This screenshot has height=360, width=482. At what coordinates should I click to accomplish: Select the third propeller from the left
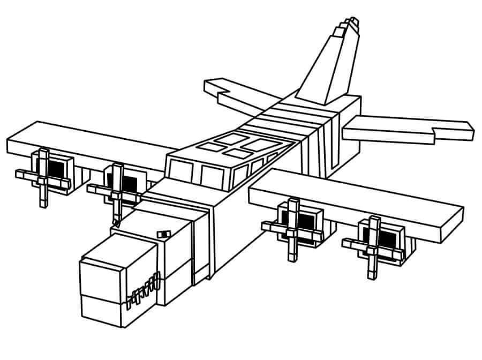pyautogui.click(x=292, y=225)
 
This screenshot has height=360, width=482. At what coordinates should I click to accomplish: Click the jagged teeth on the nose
pyautogui.click(x=144, y=289)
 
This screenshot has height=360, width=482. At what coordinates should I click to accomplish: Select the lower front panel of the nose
pyautogui.click(x=104, y=317)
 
